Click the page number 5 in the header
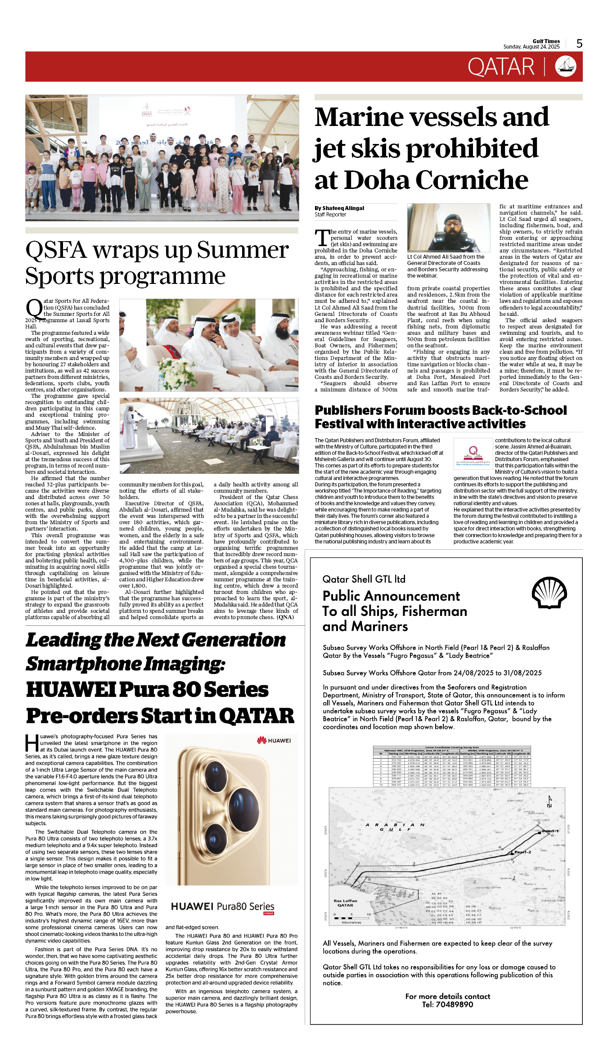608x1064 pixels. (579, 44)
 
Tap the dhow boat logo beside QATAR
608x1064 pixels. (566, 66)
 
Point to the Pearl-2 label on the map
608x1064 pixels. (522, 852)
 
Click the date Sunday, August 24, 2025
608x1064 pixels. (531, 47)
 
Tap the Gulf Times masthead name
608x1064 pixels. (546, 41)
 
